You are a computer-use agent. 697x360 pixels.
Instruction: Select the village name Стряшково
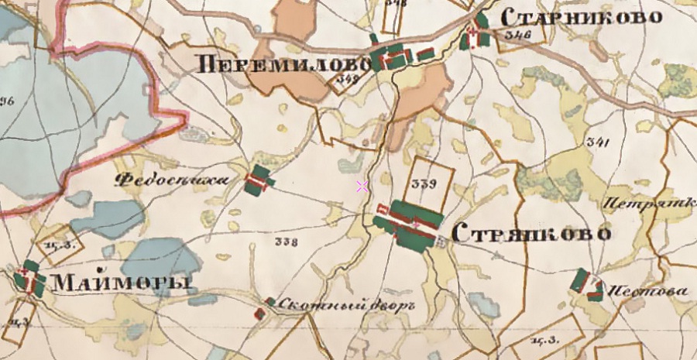pyautogui.click(x=530, y=233)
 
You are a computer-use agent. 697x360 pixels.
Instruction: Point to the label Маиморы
pyautogui.click(x=121, y=283)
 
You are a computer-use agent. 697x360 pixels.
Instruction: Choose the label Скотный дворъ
pyautogui.click(x=346, y=304)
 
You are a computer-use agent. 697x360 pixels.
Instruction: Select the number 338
pyautogui.click(x=287, y=242)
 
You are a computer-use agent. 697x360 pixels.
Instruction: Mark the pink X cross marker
pyautogui.click(x=361, y=185)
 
